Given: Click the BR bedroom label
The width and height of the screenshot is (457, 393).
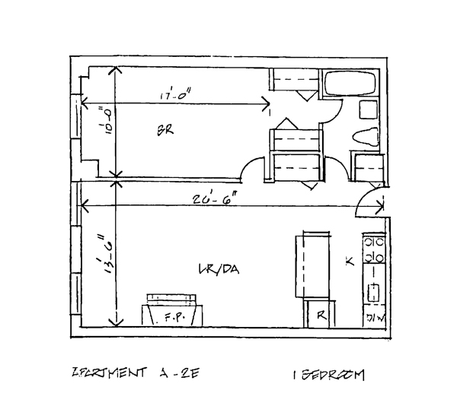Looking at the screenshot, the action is (x=166, y=130).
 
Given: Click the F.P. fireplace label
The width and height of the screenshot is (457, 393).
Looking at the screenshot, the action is (x=171, y=320).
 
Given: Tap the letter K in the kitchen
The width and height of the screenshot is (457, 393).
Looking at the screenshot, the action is (x=350, y=261).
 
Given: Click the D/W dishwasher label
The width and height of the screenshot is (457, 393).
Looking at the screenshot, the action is (x=376, y=317).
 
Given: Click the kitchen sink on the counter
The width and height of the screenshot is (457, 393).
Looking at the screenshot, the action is (x=375, y=289).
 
